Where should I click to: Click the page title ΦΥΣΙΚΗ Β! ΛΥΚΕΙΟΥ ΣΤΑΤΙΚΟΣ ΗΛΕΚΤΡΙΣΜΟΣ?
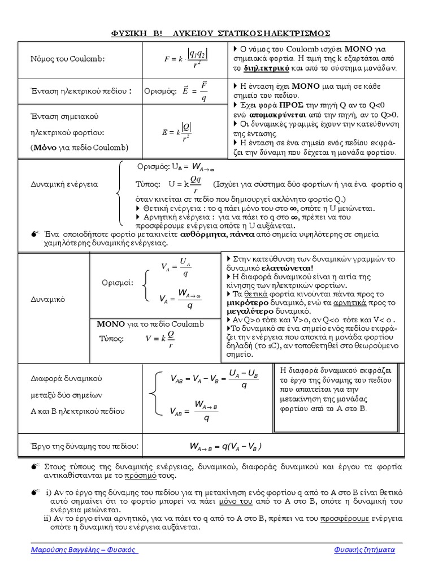click(220, 32)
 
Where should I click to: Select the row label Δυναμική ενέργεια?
click(64, 184)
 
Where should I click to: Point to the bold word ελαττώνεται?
click(287, 267)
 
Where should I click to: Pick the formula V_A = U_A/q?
click(176, 267)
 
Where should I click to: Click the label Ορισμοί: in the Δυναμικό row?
click(117, 282)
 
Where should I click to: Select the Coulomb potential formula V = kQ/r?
click(159, 339)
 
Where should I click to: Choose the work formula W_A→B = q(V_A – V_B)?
click(225, 446)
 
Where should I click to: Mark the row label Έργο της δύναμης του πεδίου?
click(85, 447)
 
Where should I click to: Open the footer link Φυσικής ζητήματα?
click(364, 550)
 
